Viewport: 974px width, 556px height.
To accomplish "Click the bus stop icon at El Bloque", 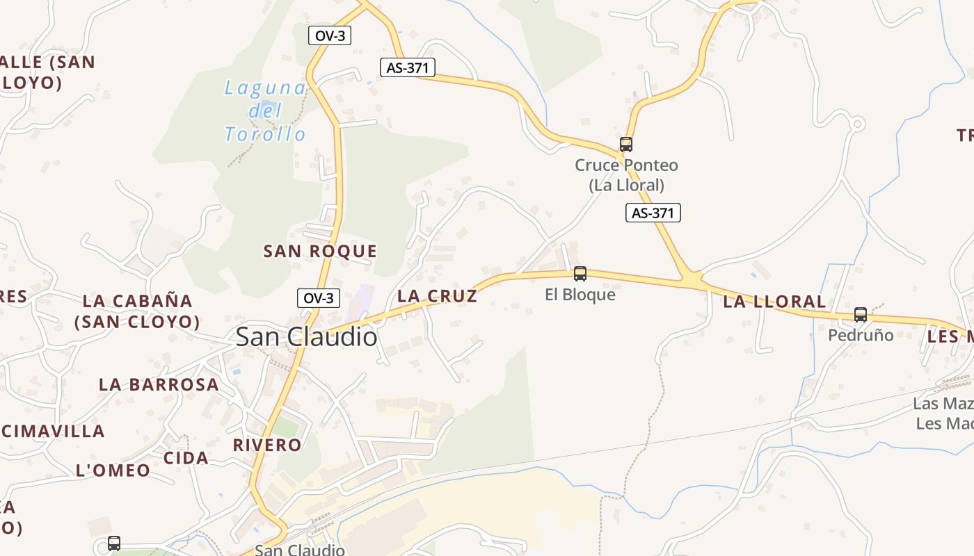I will (580, 274).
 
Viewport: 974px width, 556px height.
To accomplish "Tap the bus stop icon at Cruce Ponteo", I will (626, 145).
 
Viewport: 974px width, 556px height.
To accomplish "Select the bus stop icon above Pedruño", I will (861, 315).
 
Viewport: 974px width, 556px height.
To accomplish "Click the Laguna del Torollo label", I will (265, 111).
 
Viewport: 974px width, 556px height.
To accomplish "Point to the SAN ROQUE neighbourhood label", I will (320, 252).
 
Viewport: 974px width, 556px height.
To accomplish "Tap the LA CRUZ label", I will (437, 296).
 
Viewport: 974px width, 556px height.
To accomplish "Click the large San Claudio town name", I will (307, 337).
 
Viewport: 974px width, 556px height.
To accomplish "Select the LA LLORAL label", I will (774, 302).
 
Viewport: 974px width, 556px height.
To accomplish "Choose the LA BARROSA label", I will (159, 385).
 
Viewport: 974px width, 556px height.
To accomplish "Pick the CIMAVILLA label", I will (54, 432).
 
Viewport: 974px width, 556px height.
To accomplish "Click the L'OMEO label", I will (113, 471).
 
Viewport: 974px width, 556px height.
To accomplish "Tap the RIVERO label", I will (267, 445).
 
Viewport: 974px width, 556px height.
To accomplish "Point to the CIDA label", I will (186, 458).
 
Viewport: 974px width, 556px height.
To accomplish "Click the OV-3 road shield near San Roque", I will (319, 298).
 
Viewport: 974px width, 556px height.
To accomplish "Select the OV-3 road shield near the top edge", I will (330, 35).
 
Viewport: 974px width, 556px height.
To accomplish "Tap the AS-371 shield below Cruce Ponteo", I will (653, 213).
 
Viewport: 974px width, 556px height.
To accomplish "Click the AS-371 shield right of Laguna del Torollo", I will (408, 67).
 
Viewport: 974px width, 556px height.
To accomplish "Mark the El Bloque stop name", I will (580, 295).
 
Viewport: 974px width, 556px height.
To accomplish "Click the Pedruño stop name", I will (861, 335).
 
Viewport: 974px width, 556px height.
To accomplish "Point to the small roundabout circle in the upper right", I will (857, 124).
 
